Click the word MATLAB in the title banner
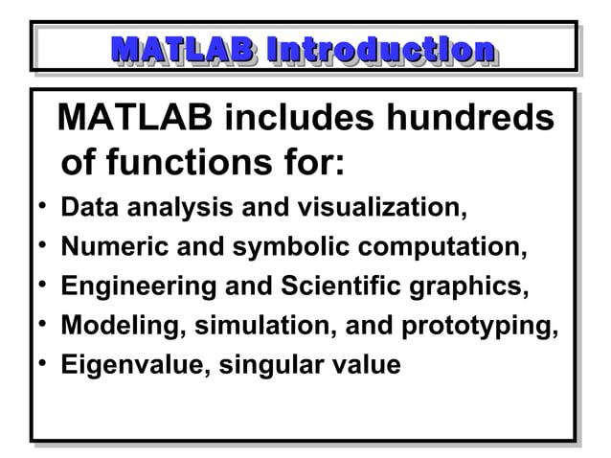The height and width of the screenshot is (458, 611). [183, 47]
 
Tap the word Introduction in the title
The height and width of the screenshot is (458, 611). [382, 47]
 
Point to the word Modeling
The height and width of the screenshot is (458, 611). [120, 326]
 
